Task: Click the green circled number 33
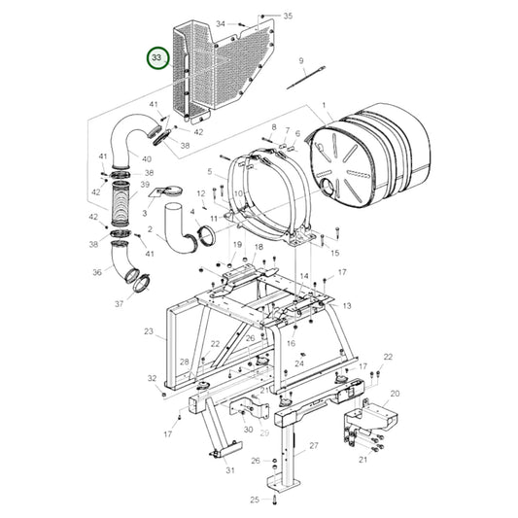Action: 155,59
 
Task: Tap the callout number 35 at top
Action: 287,17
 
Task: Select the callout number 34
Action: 220,22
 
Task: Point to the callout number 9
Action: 302,61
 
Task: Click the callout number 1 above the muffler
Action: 323,105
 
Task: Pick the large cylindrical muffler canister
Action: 369,155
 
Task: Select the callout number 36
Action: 97,273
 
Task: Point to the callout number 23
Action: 149,332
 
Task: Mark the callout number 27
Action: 314,445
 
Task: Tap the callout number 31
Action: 230,470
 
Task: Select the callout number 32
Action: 152,377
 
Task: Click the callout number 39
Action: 145,184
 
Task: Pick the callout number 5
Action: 209,171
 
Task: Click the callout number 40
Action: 147,158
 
